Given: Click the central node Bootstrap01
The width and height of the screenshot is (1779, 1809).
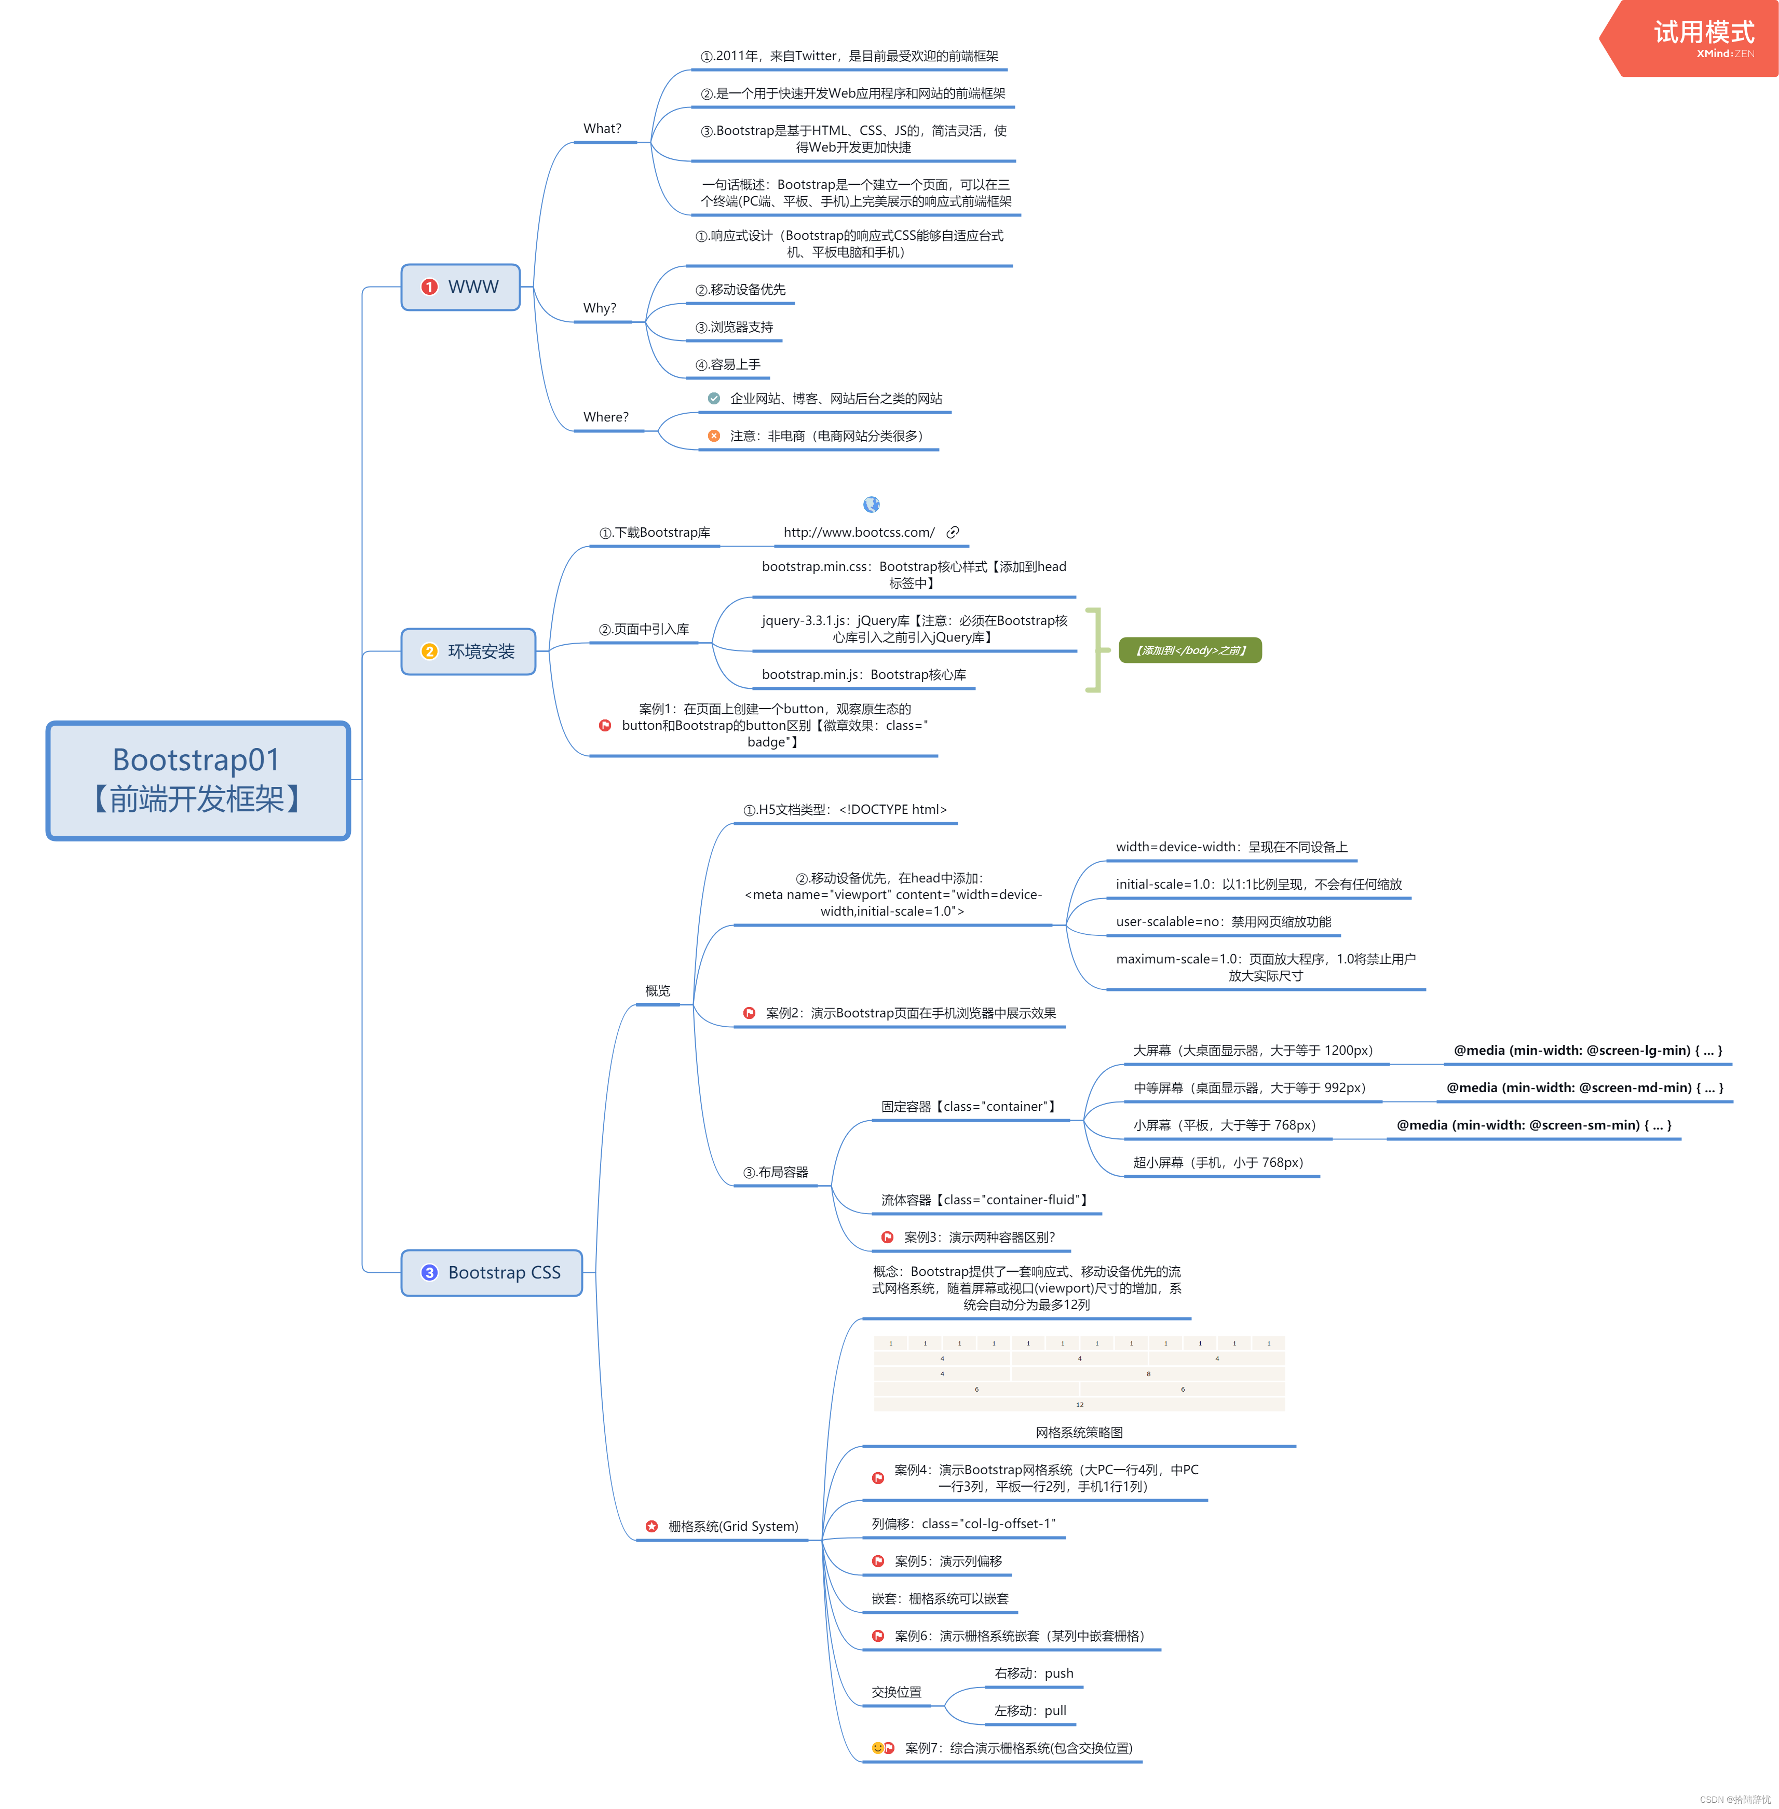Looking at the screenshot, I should coord(198,780).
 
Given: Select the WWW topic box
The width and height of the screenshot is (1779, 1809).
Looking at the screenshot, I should coord(460,287).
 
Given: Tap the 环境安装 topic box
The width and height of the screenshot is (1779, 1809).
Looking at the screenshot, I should coord(468,651).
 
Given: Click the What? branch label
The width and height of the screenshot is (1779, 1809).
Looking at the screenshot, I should coord(602,129).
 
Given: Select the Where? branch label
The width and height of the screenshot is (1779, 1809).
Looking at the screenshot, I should coord(605,417).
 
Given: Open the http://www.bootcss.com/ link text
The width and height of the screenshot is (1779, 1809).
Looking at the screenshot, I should coord(859,533).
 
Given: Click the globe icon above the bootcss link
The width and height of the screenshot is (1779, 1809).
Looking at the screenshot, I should coord(872,505).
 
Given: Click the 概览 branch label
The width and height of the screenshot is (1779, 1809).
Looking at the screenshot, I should coord(657,990).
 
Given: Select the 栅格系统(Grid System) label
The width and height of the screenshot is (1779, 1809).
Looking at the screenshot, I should coord(732,1526).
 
